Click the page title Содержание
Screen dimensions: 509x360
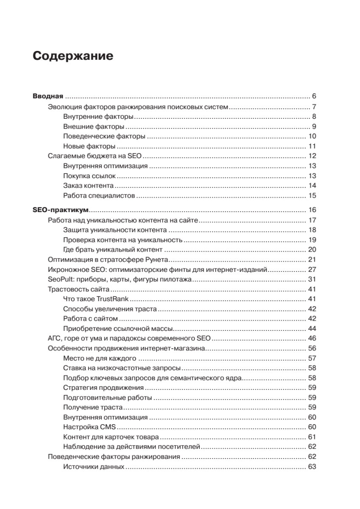73,56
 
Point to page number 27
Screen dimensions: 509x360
313,269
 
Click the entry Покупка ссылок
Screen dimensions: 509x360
89,176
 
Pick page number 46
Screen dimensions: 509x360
313,338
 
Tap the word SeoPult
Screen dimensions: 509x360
60,280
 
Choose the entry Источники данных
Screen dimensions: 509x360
93,467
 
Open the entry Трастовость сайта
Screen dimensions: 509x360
79,289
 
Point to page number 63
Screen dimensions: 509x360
313,467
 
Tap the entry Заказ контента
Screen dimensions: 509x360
88,185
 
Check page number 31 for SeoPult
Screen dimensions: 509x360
313,280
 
